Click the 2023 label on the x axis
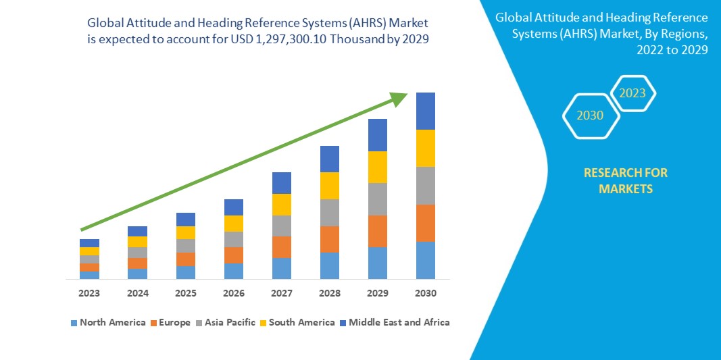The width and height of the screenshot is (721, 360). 89,294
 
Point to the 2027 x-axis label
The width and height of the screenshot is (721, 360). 282,294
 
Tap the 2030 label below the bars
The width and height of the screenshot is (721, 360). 426,294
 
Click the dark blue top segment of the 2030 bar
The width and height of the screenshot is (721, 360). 426,111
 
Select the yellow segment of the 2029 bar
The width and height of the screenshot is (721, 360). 378,167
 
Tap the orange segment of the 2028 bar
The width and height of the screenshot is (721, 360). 330,239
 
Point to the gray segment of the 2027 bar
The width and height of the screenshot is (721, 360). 282,226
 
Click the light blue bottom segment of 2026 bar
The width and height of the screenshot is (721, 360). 234,271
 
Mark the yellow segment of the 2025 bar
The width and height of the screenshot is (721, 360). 186,232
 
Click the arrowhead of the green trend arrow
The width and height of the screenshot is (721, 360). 400,99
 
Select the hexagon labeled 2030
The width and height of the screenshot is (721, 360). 590,115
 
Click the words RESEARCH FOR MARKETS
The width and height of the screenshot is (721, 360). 626,181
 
